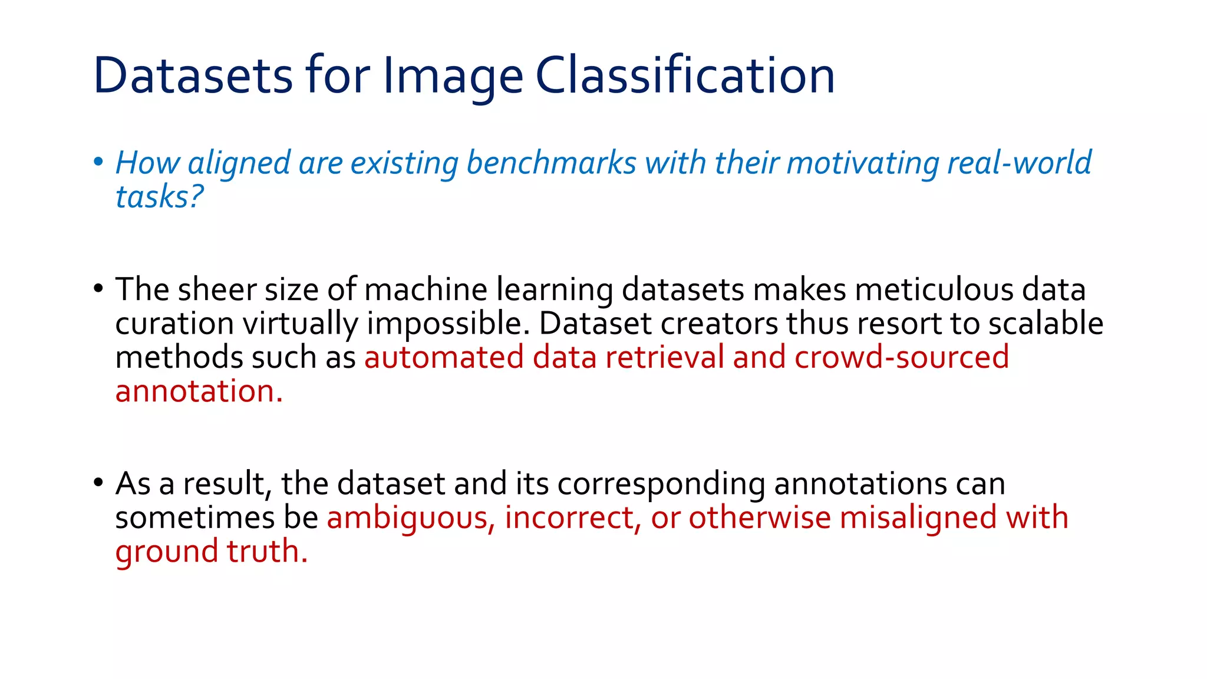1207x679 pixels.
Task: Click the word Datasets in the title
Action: (x=193, y=75)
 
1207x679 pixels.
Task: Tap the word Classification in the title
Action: (x=685, y=75)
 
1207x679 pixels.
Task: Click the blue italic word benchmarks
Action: (x=552, y=163)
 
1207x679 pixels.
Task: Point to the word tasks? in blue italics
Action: (x=159, y=197)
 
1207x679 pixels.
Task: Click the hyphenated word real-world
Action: (x=1019, y=163)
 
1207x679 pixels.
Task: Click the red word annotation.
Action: (x=199, y=391)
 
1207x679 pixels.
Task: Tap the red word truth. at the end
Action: (x=267, y=552)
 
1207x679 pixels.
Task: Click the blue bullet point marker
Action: (x=98, y=161)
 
